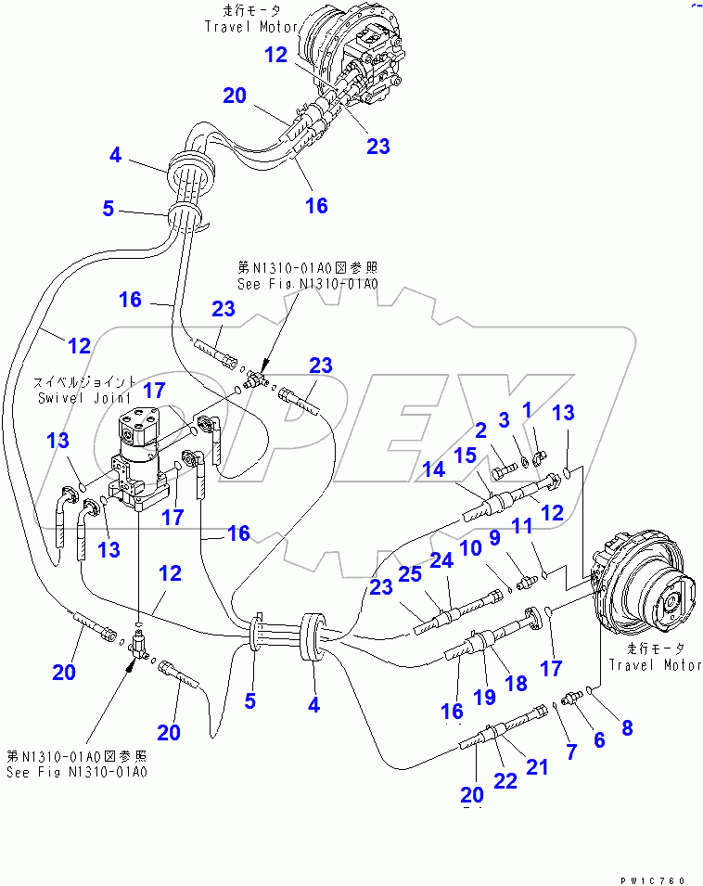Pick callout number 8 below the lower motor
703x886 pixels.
coord(627,727)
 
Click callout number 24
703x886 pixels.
coord(441,560)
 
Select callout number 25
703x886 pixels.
coord(409,573)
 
